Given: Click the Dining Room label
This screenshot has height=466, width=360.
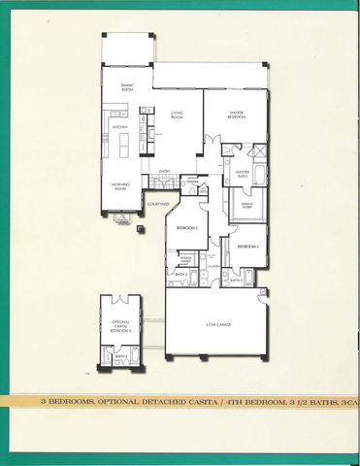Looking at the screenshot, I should tap(126, 87).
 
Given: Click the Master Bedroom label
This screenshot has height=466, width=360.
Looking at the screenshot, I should tap(235, 113).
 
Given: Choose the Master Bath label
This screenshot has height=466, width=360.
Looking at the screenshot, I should tap(243, 174).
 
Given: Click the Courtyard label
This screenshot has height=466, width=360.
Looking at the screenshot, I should tap(158, 204).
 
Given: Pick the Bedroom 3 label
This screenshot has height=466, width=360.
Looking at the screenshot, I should tap(248, 247).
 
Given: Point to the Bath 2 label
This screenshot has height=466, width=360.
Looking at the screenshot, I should tap(181, 275).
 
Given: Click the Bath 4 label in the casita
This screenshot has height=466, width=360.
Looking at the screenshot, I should tap(121, 356).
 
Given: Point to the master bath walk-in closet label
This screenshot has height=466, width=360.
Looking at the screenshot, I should tap(247, 205).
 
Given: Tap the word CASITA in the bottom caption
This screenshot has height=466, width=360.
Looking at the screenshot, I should tap(177, 400).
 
